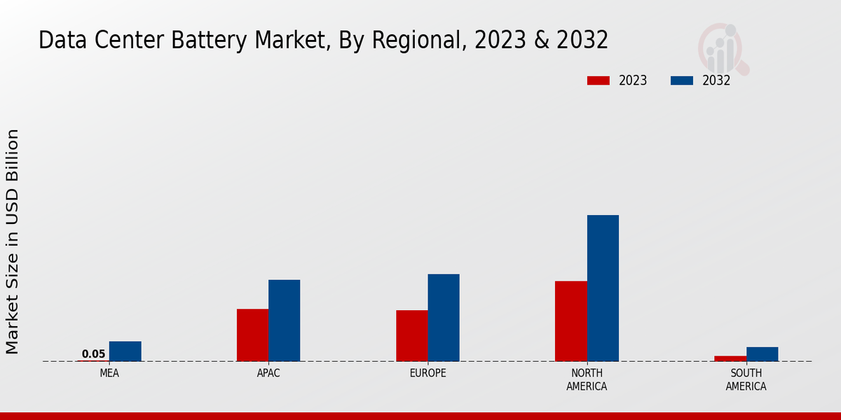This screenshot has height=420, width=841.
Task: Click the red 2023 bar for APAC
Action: [x=252, y=335]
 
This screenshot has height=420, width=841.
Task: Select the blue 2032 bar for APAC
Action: [x=284, y=321]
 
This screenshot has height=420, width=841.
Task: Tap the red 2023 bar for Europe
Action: [x=412, y=335]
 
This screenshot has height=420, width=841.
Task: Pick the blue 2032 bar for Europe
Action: [x=444, y=317]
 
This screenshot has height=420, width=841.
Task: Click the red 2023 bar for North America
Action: [x=571, y=321]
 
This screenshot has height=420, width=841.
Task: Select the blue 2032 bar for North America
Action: [x=603, y=288]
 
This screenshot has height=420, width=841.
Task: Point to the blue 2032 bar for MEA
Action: [x=125, y=351]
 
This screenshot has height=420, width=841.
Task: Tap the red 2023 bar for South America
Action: [x=730, y=358]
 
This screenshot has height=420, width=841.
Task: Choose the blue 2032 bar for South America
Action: [x=762, y=354]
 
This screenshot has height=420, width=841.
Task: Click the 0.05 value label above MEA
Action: [x=93, y=354]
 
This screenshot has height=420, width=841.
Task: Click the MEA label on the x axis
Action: [x=109, y=373]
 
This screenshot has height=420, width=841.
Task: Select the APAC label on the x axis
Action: [x=268, y=373]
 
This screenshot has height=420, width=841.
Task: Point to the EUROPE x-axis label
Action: [x=428, y=373]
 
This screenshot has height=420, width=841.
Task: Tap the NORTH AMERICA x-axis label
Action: [x=587, y=379]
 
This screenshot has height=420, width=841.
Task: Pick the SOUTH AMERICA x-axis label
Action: [x=746, y=379]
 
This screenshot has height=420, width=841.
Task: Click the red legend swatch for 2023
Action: [x=599, y=80]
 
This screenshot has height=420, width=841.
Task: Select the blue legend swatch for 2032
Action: [x=682, y=80]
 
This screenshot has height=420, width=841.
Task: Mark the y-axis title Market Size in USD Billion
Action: [x=13, y=241]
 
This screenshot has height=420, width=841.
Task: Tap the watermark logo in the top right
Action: [x=723, y=48]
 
